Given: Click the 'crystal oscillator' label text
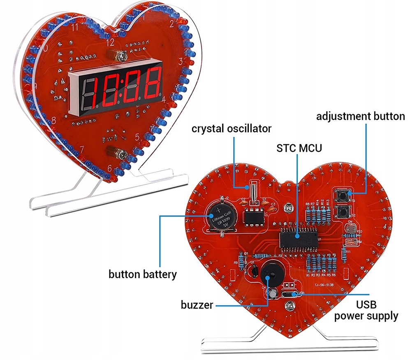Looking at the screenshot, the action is click(x=232, y=128).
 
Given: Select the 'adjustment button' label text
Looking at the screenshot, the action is click(x=360, y=116).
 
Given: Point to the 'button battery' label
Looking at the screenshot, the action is click(x=142, y=274).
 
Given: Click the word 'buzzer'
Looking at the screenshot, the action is click(x=197, y=305).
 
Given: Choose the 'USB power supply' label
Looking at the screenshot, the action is click(x=366, y=310).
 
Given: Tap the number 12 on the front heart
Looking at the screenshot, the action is click(x=110, y=42).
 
